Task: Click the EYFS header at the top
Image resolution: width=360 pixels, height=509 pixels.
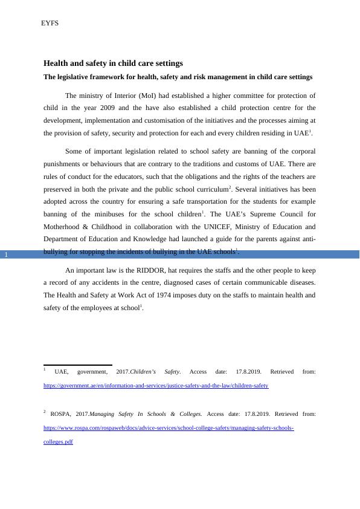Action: click(x=50, y=24)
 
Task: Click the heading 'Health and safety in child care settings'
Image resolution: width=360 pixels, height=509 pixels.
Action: click(x=113, y=63)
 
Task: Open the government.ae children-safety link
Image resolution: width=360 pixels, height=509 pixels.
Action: click(x=156, y=385)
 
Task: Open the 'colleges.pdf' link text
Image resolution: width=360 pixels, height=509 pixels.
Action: click(x=58, y=442)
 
